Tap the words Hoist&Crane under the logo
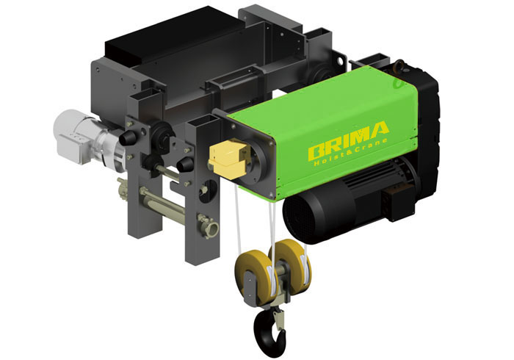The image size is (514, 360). (x=351, y=152)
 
